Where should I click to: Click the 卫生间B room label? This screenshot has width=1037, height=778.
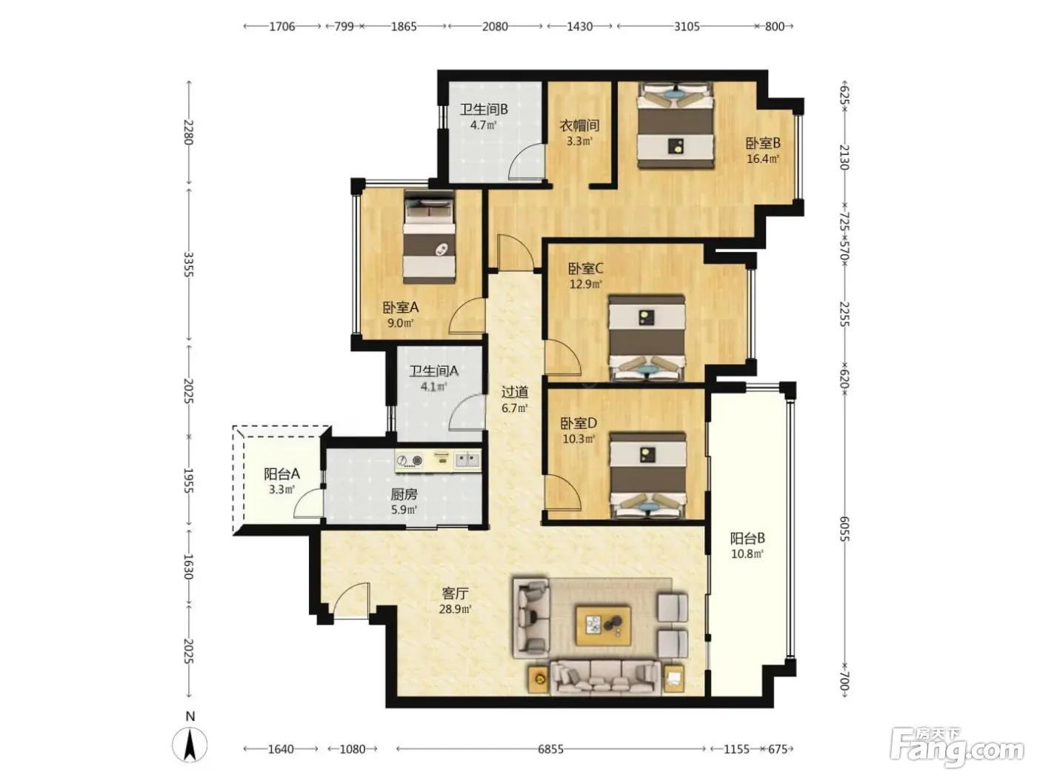click(x=484, y=110)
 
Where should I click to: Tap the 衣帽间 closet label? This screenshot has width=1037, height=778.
click(x=579, y=126)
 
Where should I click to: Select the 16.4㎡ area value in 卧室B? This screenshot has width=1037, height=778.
click(x=762, y=159)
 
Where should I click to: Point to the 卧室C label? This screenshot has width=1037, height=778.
click(x=585, y=269)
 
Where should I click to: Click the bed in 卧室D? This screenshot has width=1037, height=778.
click(x=647, y=475)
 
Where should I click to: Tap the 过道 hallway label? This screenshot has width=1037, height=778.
click(x=515, y=392)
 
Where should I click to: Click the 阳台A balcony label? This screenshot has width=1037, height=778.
click(x=281, y=473)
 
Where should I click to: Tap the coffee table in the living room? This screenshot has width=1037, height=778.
click(x=603, y=626)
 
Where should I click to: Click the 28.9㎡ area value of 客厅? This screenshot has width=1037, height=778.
click(x=455, y=609)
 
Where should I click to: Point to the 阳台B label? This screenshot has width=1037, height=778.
click(x=747, y=538)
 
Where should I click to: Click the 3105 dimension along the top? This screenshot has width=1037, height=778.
click(x=687, y=27)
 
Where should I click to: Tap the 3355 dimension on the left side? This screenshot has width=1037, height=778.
click(x=188, y=265)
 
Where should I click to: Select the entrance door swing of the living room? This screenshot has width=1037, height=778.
click(x=350, y=600)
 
